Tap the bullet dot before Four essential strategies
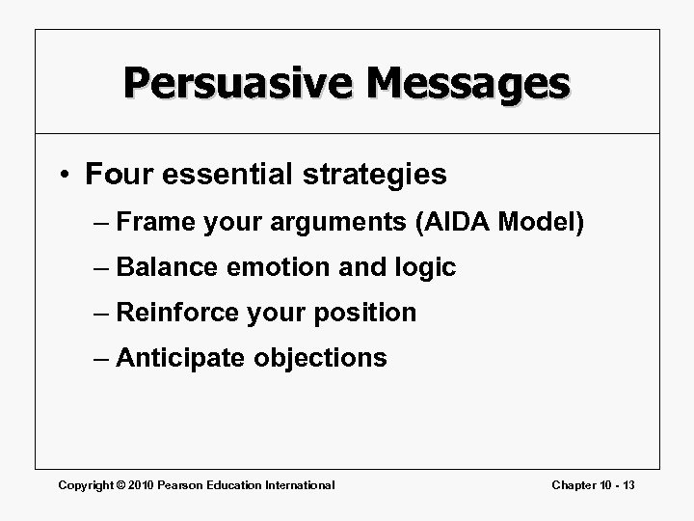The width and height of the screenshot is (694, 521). (x=65, y=175)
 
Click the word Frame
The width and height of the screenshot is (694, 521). (x=157, y=222)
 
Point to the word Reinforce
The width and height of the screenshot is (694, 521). (x=177, y=313)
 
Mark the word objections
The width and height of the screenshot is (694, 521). (x=321, y=359)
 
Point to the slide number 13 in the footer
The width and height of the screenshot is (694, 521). (x=627, y=485)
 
